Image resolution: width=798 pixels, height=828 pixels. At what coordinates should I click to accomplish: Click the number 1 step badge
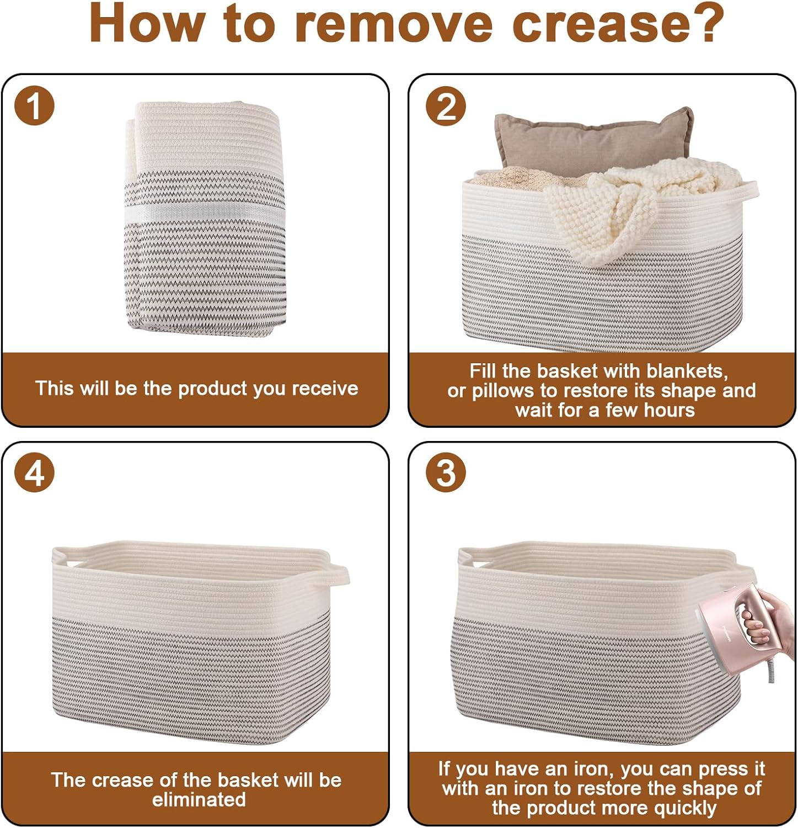click(34, 105)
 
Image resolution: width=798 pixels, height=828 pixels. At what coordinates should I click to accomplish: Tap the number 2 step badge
click(446, 105)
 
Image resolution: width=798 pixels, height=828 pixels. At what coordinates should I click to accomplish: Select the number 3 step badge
click(446, 473)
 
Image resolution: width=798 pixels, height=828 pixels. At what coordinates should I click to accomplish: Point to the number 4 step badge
click(34, 473)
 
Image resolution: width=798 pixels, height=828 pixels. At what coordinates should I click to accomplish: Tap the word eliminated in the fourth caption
click(199, 799)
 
